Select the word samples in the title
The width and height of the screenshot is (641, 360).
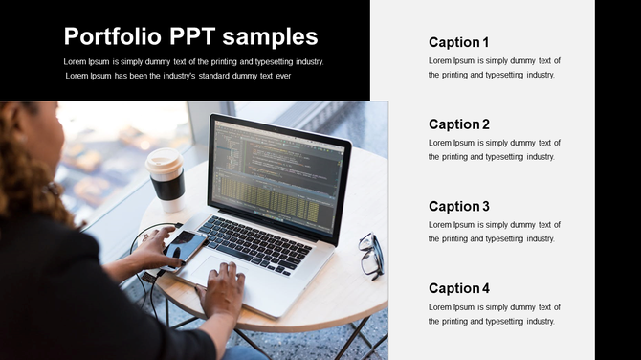coord(276,37)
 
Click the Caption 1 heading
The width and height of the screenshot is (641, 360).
coord(458,42)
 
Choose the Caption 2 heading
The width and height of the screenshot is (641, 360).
coord(458,124)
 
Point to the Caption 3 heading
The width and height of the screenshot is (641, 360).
coord(458,207)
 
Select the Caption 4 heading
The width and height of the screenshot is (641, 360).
coord(458,288)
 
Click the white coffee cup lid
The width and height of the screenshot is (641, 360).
coord(164,159)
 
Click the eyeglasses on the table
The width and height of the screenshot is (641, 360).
coord(370,255)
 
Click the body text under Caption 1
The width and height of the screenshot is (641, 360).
coord(494,68)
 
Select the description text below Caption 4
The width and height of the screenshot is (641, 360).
coord(494,314)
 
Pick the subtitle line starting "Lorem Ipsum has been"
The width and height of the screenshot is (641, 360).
coord(178,76)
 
